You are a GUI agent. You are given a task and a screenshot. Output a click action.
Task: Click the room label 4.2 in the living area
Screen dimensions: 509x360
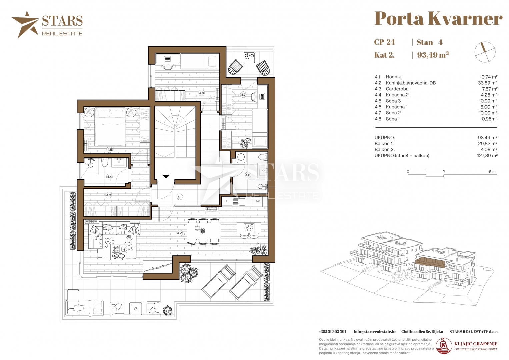(x=180, y=233)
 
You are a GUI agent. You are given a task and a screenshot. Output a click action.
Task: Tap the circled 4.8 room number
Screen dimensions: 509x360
(x=201, y=93)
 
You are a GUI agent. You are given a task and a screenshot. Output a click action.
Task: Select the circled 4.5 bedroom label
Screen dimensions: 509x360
(x=110, y=150)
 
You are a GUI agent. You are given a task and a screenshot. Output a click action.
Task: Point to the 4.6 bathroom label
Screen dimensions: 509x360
(x=248, y=175)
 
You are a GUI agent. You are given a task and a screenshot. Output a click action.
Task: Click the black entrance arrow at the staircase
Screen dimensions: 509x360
(x=166, y=176)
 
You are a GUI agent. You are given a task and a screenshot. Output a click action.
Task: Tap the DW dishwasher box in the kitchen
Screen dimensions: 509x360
(x=258, y=201)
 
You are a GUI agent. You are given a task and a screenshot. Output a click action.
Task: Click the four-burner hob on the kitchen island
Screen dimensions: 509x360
(x=249, y=227)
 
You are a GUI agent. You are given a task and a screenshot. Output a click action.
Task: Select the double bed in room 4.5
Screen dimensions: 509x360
(x=110, y=127)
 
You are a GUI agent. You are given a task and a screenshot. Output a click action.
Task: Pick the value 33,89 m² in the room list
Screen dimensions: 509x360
(x=487, y=83)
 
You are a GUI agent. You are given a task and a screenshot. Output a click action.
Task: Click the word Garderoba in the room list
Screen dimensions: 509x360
(x=397, y=89)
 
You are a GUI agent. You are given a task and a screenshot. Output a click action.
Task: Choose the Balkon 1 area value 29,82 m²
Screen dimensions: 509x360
(x=487, y=144)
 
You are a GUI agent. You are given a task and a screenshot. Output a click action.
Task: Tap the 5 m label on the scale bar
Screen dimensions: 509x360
(x=492, y=172)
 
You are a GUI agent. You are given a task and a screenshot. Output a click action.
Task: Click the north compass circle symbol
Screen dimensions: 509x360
(x=485, y=52)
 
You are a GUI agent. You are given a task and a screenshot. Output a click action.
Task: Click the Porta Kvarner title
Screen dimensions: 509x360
(x=438, y=18)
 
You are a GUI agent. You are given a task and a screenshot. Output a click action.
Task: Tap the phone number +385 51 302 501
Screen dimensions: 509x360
(x=332, y=332)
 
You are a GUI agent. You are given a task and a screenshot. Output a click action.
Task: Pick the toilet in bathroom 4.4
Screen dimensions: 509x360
(x=105, y=162)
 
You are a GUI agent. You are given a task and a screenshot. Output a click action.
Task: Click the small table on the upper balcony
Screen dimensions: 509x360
(x=249, y=58)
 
